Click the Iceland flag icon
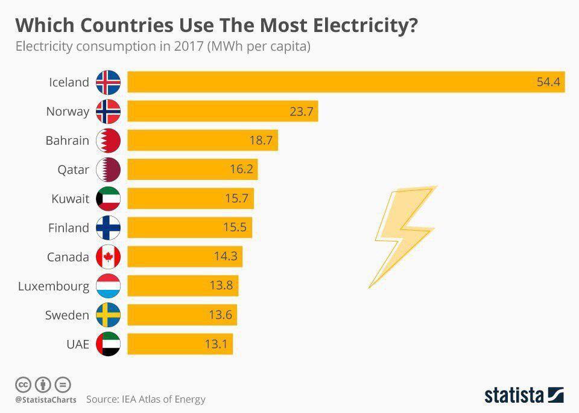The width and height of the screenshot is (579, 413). click(109, 82)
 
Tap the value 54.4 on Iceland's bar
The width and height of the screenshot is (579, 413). click(549, 82)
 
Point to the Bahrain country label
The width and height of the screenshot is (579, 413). click(67, 141)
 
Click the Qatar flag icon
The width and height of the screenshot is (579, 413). click(109, 170)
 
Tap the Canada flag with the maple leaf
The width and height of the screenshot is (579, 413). click(109, 257)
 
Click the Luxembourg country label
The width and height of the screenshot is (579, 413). click(54, 286)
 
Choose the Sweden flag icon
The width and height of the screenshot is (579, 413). click(109, 315)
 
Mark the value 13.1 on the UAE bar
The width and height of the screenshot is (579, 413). click(215, 344)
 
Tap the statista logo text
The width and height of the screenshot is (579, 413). click(514, 395)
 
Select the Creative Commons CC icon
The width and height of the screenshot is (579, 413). click(23, 384)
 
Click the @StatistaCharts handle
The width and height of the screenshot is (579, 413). click(46, 400)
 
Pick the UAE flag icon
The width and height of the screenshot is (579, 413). click(109, 344)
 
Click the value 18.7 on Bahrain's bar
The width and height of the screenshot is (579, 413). click(261, 141)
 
